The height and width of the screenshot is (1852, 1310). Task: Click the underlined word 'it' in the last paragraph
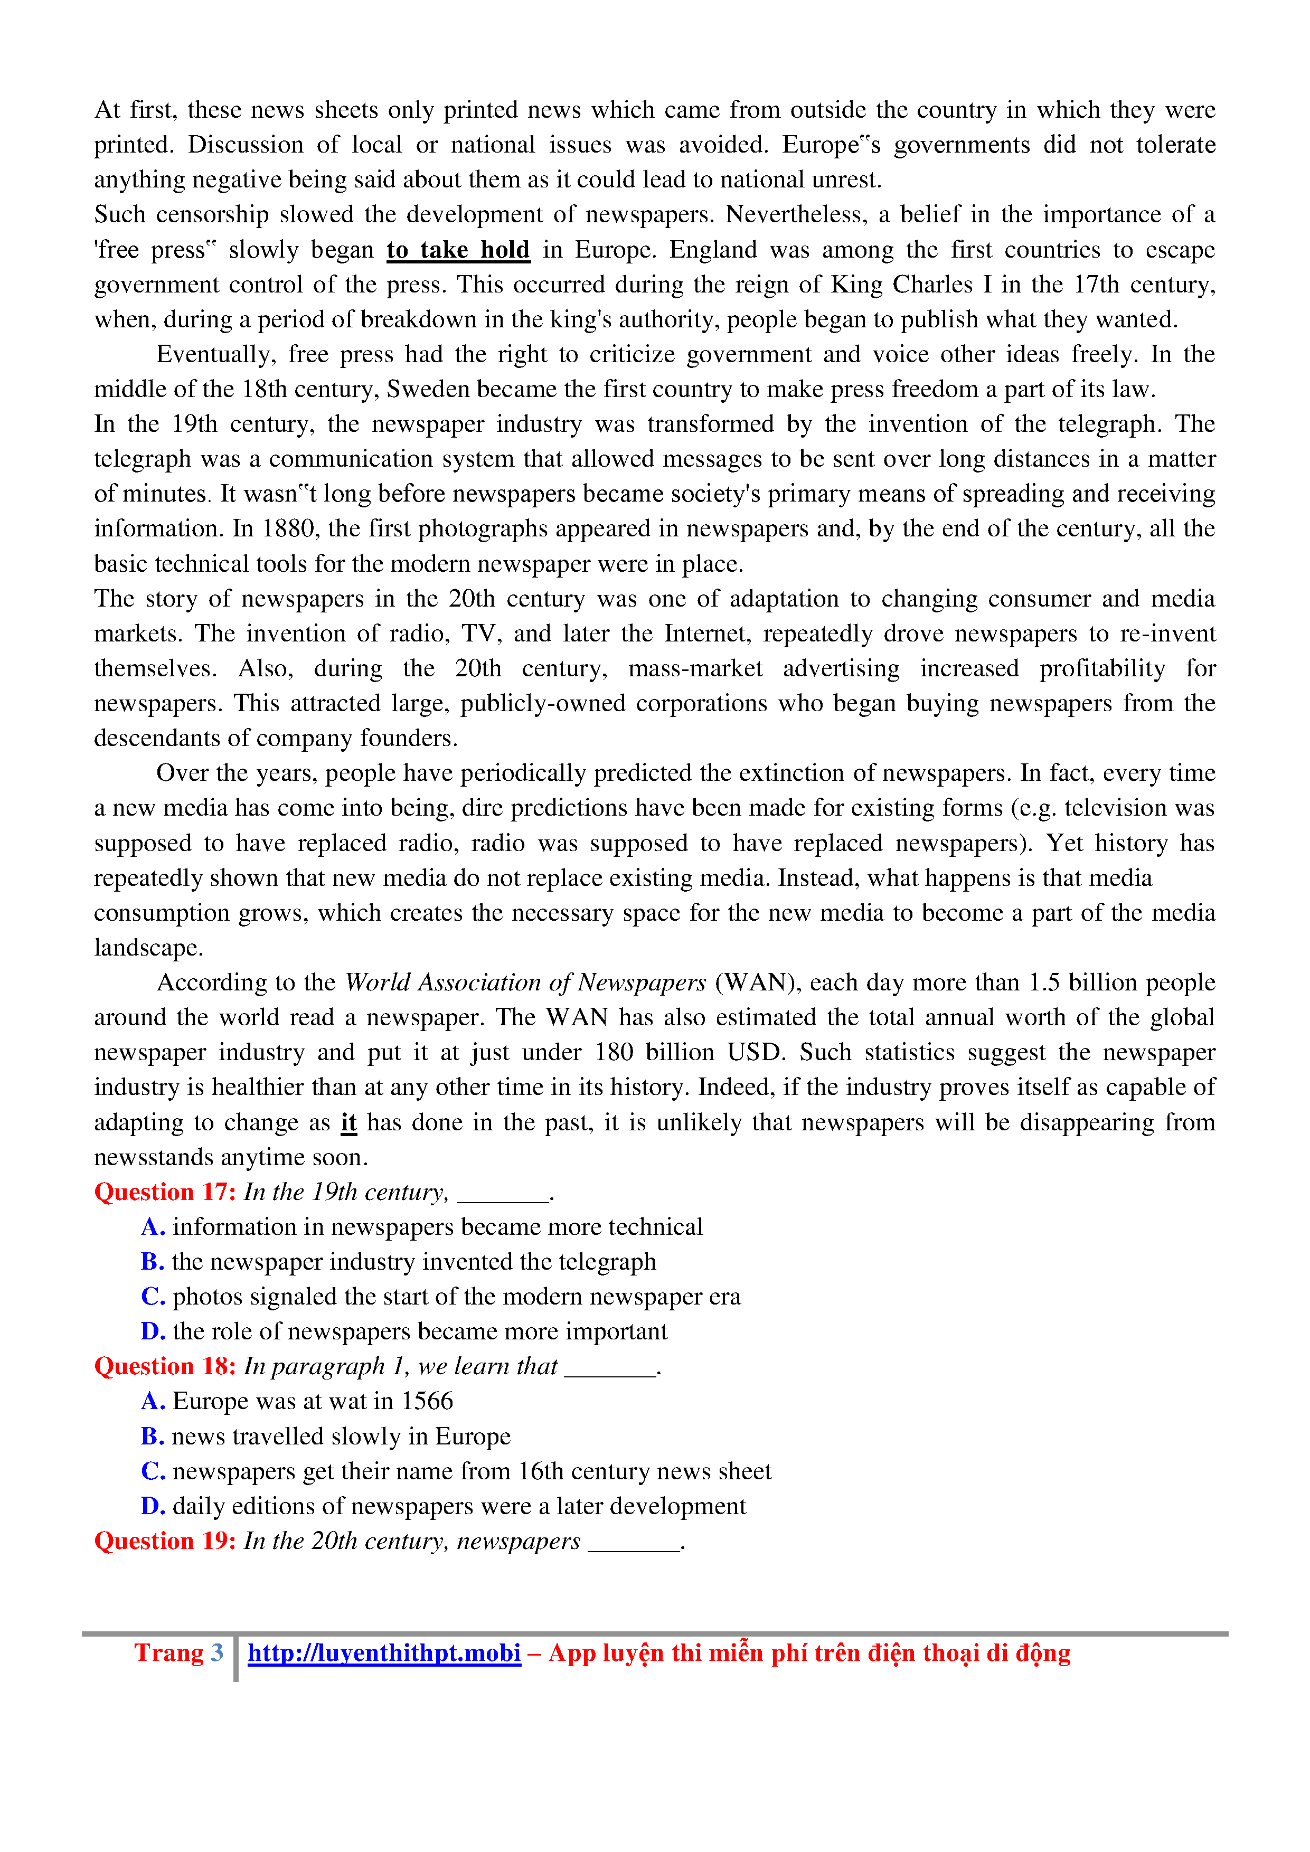348,1123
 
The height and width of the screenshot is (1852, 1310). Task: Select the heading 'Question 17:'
165,1192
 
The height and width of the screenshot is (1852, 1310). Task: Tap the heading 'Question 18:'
165,1366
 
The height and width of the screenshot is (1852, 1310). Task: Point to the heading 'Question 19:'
165,1542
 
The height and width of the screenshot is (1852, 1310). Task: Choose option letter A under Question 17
153,1227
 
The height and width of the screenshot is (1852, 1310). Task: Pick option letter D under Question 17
153,1332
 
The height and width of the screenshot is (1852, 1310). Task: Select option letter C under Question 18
153,1471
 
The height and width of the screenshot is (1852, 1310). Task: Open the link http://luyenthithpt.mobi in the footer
384,1653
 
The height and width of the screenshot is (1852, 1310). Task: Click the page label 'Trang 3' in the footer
178,1653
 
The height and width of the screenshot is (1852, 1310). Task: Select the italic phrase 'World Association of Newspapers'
525,983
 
